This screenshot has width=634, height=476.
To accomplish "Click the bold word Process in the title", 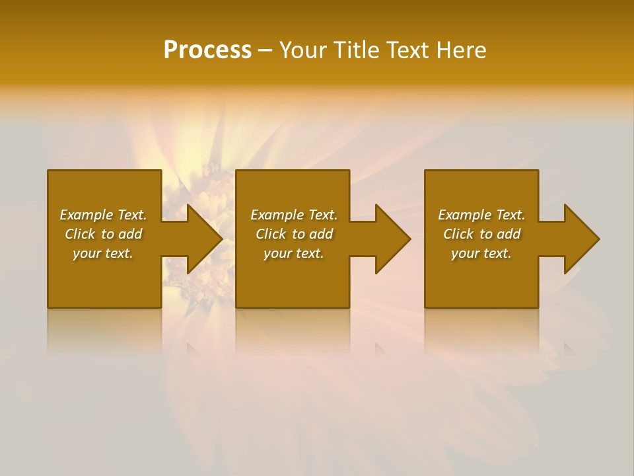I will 207,50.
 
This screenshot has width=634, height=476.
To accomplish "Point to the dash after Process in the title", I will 265,51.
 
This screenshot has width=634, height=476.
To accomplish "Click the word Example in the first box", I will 87,215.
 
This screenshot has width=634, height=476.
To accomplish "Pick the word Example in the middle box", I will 277,215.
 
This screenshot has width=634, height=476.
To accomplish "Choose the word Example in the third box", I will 465,215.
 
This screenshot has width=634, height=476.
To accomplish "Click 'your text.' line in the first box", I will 103,253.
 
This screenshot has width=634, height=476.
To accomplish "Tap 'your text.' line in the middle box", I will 294,253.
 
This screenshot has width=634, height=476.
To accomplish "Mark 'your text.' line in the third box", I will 481,253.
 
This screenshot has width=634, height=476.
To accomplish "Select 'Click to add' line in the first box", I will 103,234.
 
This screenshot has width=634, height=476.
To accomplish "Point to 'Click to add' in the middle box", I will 294,234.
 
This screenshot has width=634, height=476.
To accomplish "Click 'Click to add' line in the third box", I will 481,234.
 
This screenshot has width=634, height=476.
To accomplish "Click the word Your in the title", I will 302,50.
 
